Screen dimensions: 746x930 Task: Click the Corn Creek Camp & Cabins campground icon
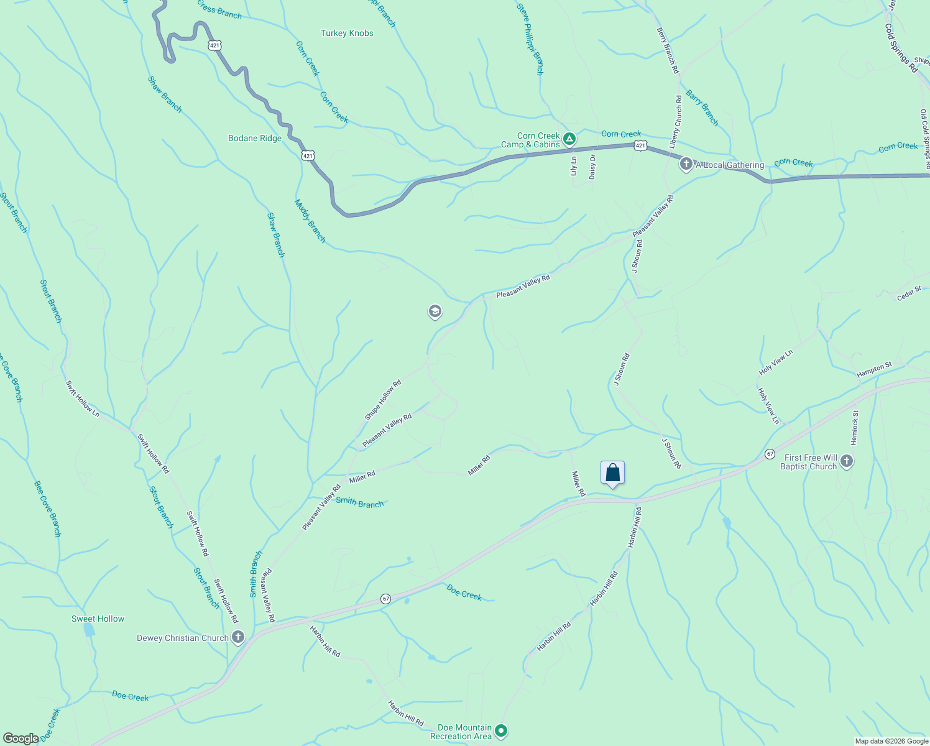click(x=569, y=137)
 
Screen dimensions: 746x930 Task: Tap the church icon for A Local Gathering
click(x=686, y=164)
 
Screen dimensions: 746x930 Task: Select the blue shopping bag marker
click(x=612, y=473)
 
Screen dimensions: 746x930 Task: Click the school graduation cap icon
click(x=435, y=311)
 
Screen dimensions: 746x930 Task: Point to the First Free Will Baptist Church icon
click(x=846, y=461)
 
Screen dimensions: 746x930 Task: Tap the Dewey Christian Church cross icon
click(x=238, y=637)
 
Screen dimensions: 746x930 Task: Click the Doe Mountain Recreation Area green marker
click(x=502, y=731)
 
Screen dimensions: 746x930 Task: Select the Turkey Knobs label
click(x=347, y=33)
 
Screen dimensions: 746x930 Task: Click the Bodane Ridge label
click(x=255, y=138)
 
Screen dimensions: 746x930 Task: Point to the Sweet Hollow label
click(x=98, y=619)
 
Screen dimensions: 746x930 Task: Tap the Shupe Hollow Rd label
click(x=383, y=400)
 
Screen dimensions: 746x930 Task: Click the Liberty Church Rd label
click(x=675, y=121)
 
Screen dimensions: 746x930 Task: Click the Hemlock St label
click(x=854, y=427)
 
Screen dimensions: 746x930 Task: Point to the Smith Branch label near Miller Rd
click(x=359, y=503)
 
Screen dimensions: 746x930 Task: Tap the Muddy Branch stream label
click(x=310, y=221)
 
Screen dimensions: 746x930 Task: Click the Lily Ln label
click(x=574, y=165)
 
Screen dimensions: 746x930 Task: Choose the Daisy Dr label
click(x=592, y=166)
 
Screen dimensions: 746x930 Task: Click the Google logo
click(x=21, y=739)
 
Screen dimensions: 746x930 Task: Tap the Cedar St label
click(x=909, y=293)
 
